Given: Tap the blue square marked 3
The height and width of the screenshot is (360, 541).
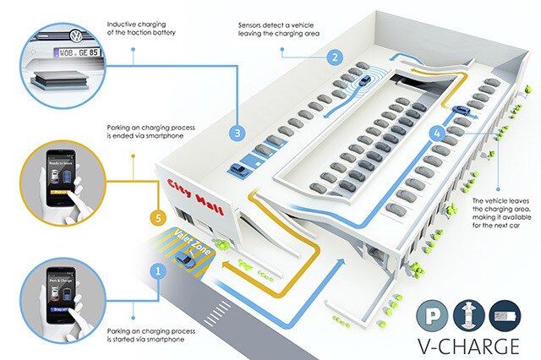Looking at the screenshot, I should point(238,133).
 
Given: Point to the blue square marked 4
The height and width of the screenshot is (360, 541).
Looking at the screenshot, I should point(436,133).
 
